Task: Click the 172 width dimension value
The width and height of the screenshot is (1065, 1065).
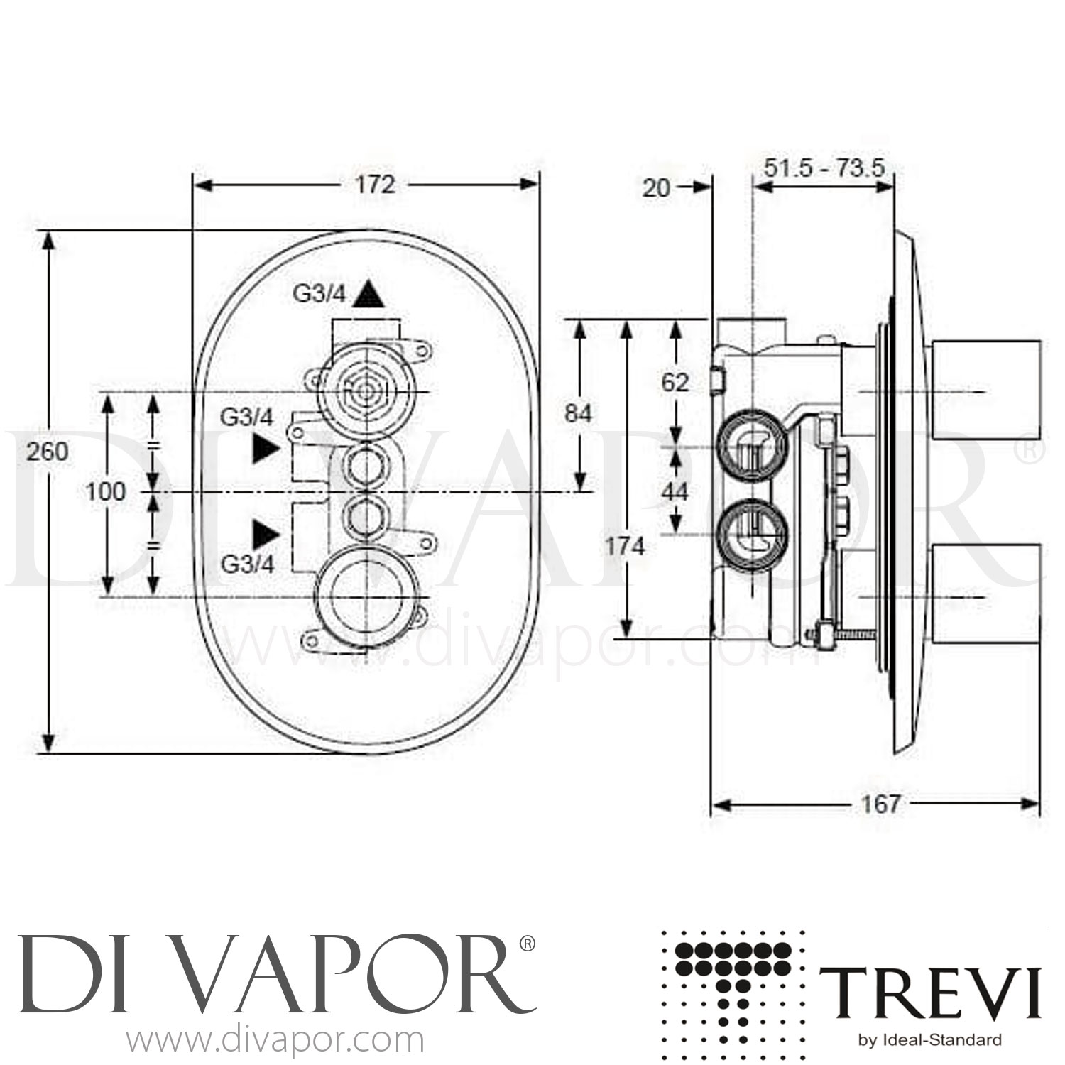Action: [374, 185]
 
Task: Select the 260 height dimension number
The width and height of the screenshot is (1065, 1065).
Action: [47, 451]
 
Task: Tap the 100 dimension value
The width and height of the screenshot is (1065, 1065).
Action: [105, 491]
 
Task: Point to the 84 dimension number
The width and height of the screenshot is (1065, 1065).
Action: [578, 413]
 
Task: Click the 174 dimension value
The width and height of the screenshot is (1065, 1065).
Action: [625, 546]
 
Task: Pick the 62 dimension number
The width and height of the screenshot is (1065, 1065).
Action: [674, 383]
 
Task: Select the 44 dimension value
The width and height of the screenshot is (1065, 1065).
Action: [674, 491]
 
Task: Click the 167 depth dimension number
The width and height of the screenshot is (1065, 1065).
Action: [880, 804]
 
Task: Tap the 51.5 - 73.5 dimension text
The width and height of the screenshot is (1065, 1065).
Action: [824, 168]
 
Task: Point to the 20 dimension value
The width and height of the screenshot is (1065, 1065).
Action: [657, 188]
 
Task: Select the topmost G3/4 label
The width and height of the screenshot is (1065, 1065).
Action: [318, 293]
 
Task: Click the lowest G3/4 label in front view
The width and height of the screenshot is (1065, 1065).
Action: [247, 564]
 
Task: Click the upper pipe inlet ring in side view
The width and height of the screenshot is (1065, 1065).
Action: [751, 448]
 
